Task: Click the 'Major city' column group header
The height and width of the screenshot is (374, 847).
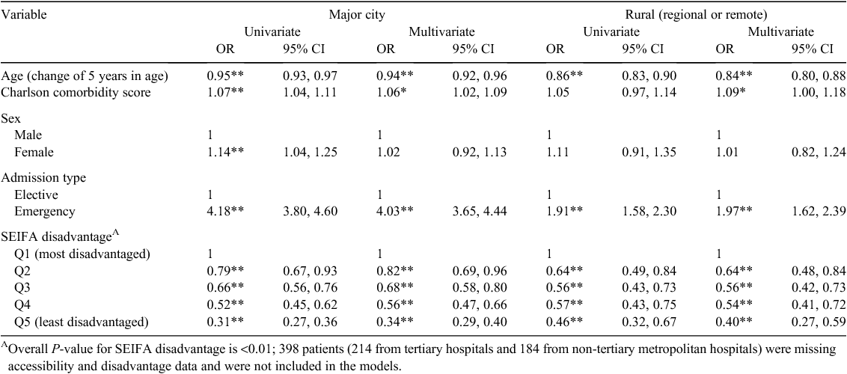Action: click(358, 14)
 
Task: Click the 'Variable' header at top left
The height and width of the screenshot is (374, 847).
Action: click(24, 14)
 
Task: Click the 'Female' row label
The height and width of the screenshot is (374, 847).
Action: click(34, 152)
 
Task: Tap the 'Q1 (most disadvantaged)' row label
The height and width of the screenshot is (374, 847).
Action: click(82, 254)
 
